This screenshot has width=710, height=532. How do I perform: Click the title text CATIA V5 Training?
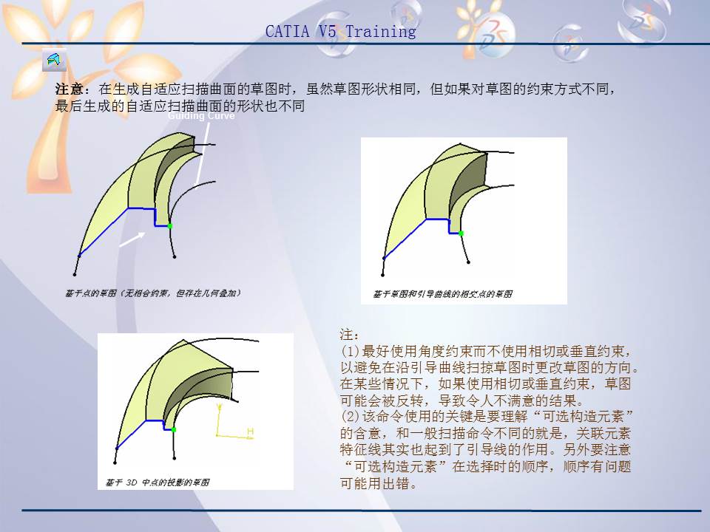340,32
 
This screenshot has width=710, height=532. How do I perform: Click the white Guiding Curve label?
201,116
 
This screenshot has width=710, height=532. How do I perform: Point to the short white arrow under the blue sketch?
132,238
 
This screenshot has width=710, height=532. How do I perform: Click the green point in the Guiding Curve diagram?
169,225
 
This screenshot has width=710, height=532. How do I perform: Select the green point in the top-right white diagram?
461,233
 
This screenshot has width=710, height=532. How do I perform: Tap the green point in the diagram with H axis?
174,429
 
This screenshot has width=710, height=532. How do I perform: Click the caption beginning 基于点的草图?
152,293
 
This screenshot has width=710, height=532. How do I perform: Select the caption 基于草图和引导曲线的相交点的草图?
442,294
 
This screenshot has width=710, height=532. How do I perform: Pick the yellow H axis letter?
250,431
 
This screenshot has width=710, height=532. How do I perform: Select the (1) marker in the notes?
351,351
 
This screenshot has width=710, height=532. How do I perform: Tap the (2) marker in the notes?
351,417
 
